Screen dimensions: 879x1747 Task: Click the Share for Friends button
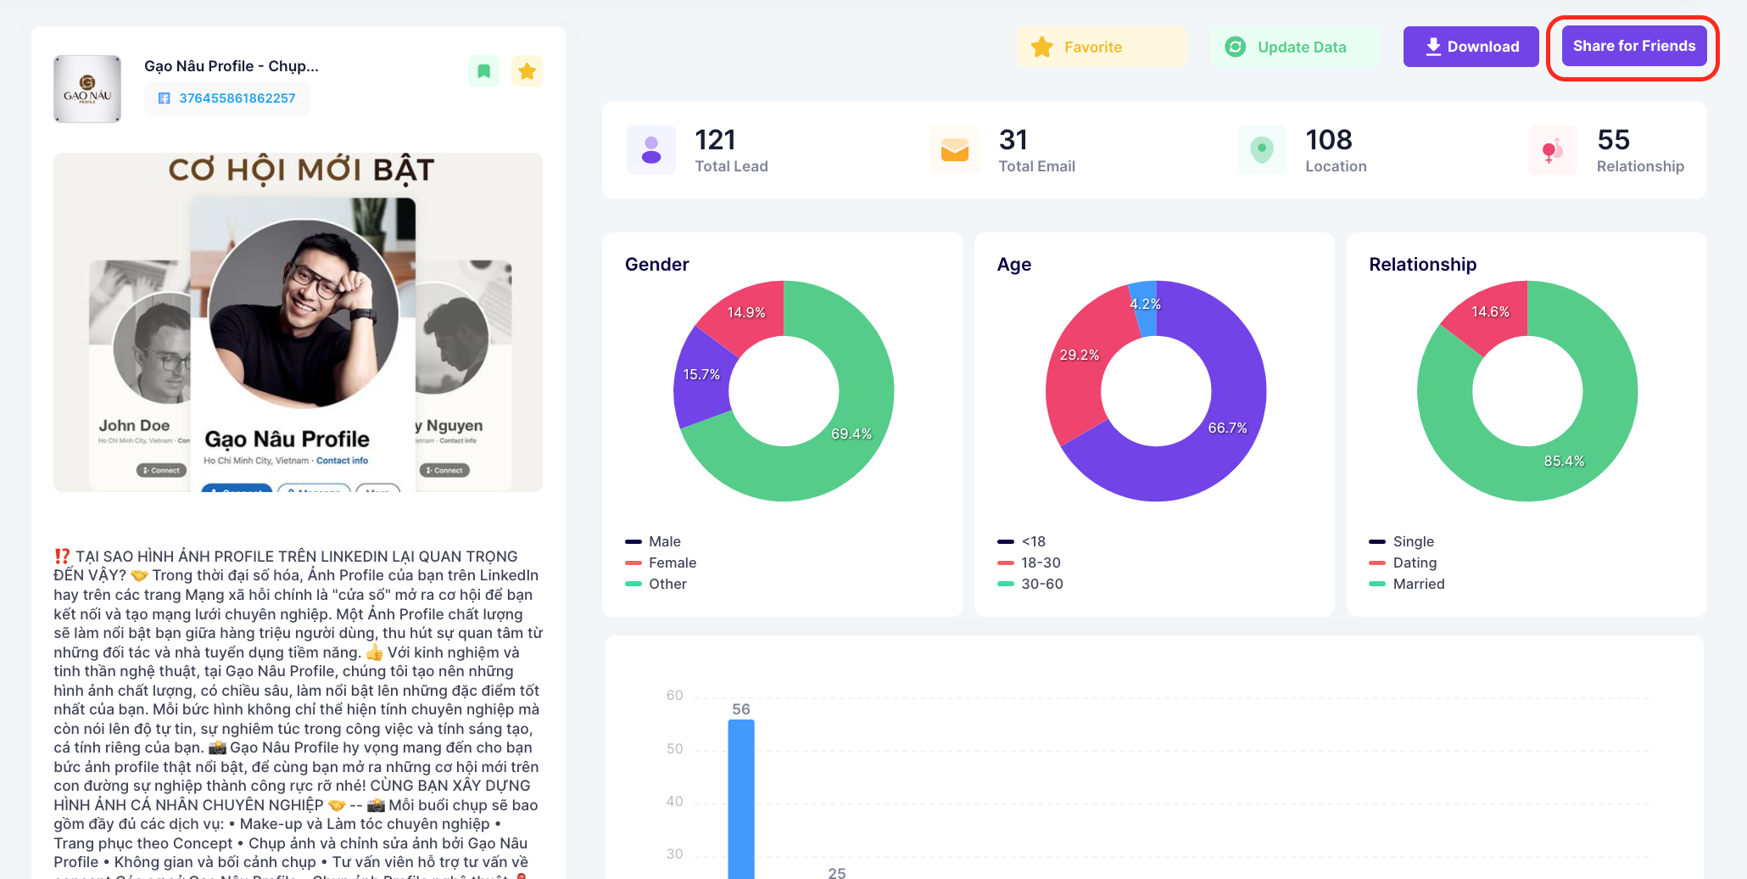(x=1633, y=47)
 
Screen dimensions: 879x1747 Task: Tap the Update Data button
(x=1294, y=48)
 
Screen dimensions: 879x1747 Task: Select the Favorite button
(x=1101, y=48)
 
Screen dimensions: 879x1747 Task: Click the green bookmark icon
(x=484, y=71)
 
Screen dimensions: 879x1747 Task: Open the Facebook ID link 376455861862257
(x=237, y=98)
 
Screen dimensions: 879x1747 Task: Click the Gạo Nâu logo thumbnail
(x=87, y=89)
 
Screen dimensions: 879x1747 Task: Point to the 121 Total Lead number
(x=715, y=140)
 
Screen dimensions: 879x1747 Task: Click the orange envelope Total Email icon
(x=954, y=150)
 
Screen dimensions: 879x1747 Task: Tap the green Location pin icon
(x=1262, y=150)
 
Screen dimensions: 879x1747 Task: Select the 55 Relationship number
(x=1613, y=140)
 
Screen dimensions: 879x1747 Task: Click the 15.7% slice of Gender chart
(x=701, y=375)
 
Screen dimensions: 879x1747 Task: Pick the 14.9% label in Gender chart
(x=746, y=312)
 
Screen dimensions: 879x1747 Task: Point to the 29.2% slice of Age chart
(x=1079, y=356)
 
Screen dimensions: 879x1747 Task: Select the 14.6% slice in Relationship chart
(x=1490, y=314)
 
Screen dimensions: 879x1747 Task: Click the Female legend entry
(x=672, y=563)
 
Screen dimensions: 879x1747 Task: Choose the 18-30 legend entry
(x=1041, y=563)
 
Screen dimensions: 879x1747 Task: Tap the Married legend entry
(x=1418, y=584)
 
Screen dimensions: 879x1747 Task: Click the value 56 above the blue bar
(x=741, y=709)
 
